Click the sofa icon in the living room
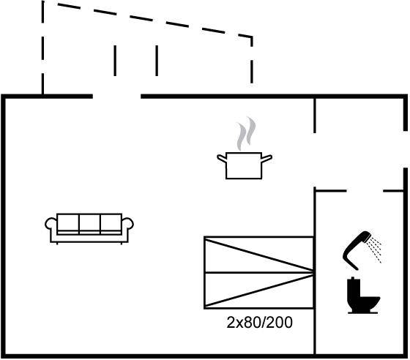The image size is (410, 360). click(x=89, y=229)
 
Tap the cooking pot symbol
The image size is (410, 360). click(x=245, y=165)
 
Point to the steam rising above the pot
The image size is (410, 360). click(x=246, y=134)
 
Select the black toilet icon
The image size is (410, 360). click(x=363, y=295)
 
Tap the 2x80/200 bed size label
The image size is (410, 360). click(x=259, y=323)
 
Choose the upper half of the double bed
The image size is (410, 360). click(x=259, y=255)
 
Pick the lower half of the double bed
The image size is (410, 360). click(x=259, y=290)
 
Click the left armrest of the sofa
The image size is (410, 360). click(x=51, y=225)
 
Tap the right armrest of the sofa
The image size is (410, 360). click(x=127, y=225)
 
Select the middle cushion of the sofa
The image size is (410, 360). click(x=89, y=222)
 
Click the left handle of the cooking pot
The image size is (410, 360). click(x=222, y=158)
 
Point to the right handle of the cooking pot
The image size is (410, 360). click(x=267, y=158)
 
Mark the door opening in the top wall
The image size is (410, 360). click(x=117, y=97)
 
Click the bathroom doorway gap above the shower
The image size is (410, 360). click(x=365, y=191)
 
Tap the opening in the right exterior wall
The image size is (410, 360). click(x=406, y=149)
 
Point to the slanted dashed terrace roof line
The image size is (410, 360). click(x=154, y=20)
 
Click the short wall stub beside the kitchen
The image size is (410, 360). click(x=315, y=116)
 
